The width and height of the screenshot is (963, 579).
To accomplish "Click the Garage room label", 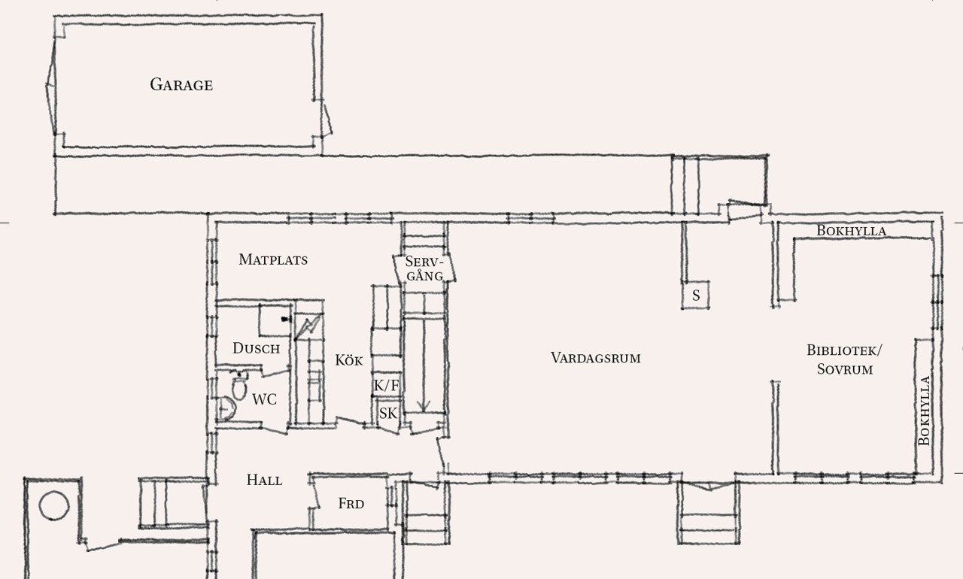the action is tap(181, 85).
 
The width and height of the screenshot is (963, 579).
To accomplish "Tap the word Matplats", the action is tap(273, 259).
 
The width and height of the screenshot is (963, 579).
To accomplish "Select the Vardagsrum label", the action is tap(595, 358).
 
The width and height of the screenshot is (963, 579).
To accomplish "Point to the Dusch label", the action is tap(257, 348).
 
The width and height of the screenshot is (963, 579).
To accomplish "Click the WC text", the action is tap(264, 399).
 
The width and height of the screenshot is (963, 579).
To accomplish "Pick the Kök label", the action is tap(348, 360).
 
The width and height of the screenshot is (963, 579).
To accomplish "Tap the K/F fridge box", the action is tap(387, 385).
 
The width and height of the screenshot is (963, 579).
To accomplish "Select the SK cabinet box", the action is tap(387, 413).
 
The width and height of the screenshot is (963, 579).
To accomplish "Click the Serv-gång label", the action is tap(424, 268).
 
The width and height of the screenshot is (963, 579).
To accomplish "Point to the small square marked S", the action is tap(696, 295).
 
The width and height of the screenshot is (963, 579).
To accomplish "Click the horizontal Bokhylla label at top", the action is tap(851, 231).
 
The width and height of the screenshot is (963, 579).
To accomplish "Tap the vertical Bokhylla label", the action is tap(924, 411).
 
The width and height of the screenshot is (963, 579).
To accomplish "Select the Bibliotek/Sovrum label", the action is tap(844, 359).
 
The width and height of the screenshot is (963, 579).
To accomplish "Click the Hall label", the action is tap(264, 480).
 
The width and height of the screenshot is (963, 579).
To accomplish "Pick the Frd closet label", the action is tap(351, 503).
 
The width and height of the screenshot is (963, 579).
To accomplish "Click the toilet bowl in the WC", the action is tap(239, 388).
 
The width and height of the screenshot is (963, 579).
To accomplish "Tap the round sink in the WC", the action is tap(226, 408).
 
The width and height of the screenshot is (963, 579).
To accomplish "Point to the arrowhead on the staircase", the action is tap(424, 406).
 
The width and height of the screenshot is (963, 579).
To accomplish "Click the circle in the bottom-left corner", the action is tap(54, 506).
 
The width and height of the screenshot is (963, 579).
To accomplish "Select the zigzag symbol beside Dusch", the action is tap(308, 327).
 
